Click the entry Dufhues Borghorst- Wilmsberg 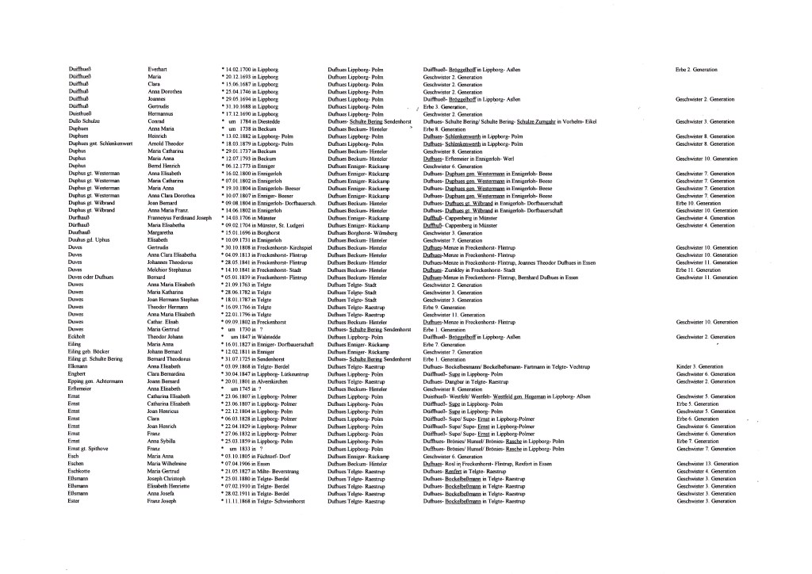pyautogui.click(x=362, y=233)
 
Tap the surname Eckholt pyautogui.click(x=77, y=336)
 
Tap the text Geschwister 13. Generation pyautogui.click(x=701, y=463)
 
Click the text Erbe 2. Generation pyautogui.click(x=696, y=70)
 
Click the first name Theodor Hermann pyautogui.click(x=167, y=307)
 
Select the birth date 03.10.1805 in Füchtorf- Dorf pyautogui.click(x=261, y=456)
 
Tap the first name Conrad pyautogui.click(x=156, y=121)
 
